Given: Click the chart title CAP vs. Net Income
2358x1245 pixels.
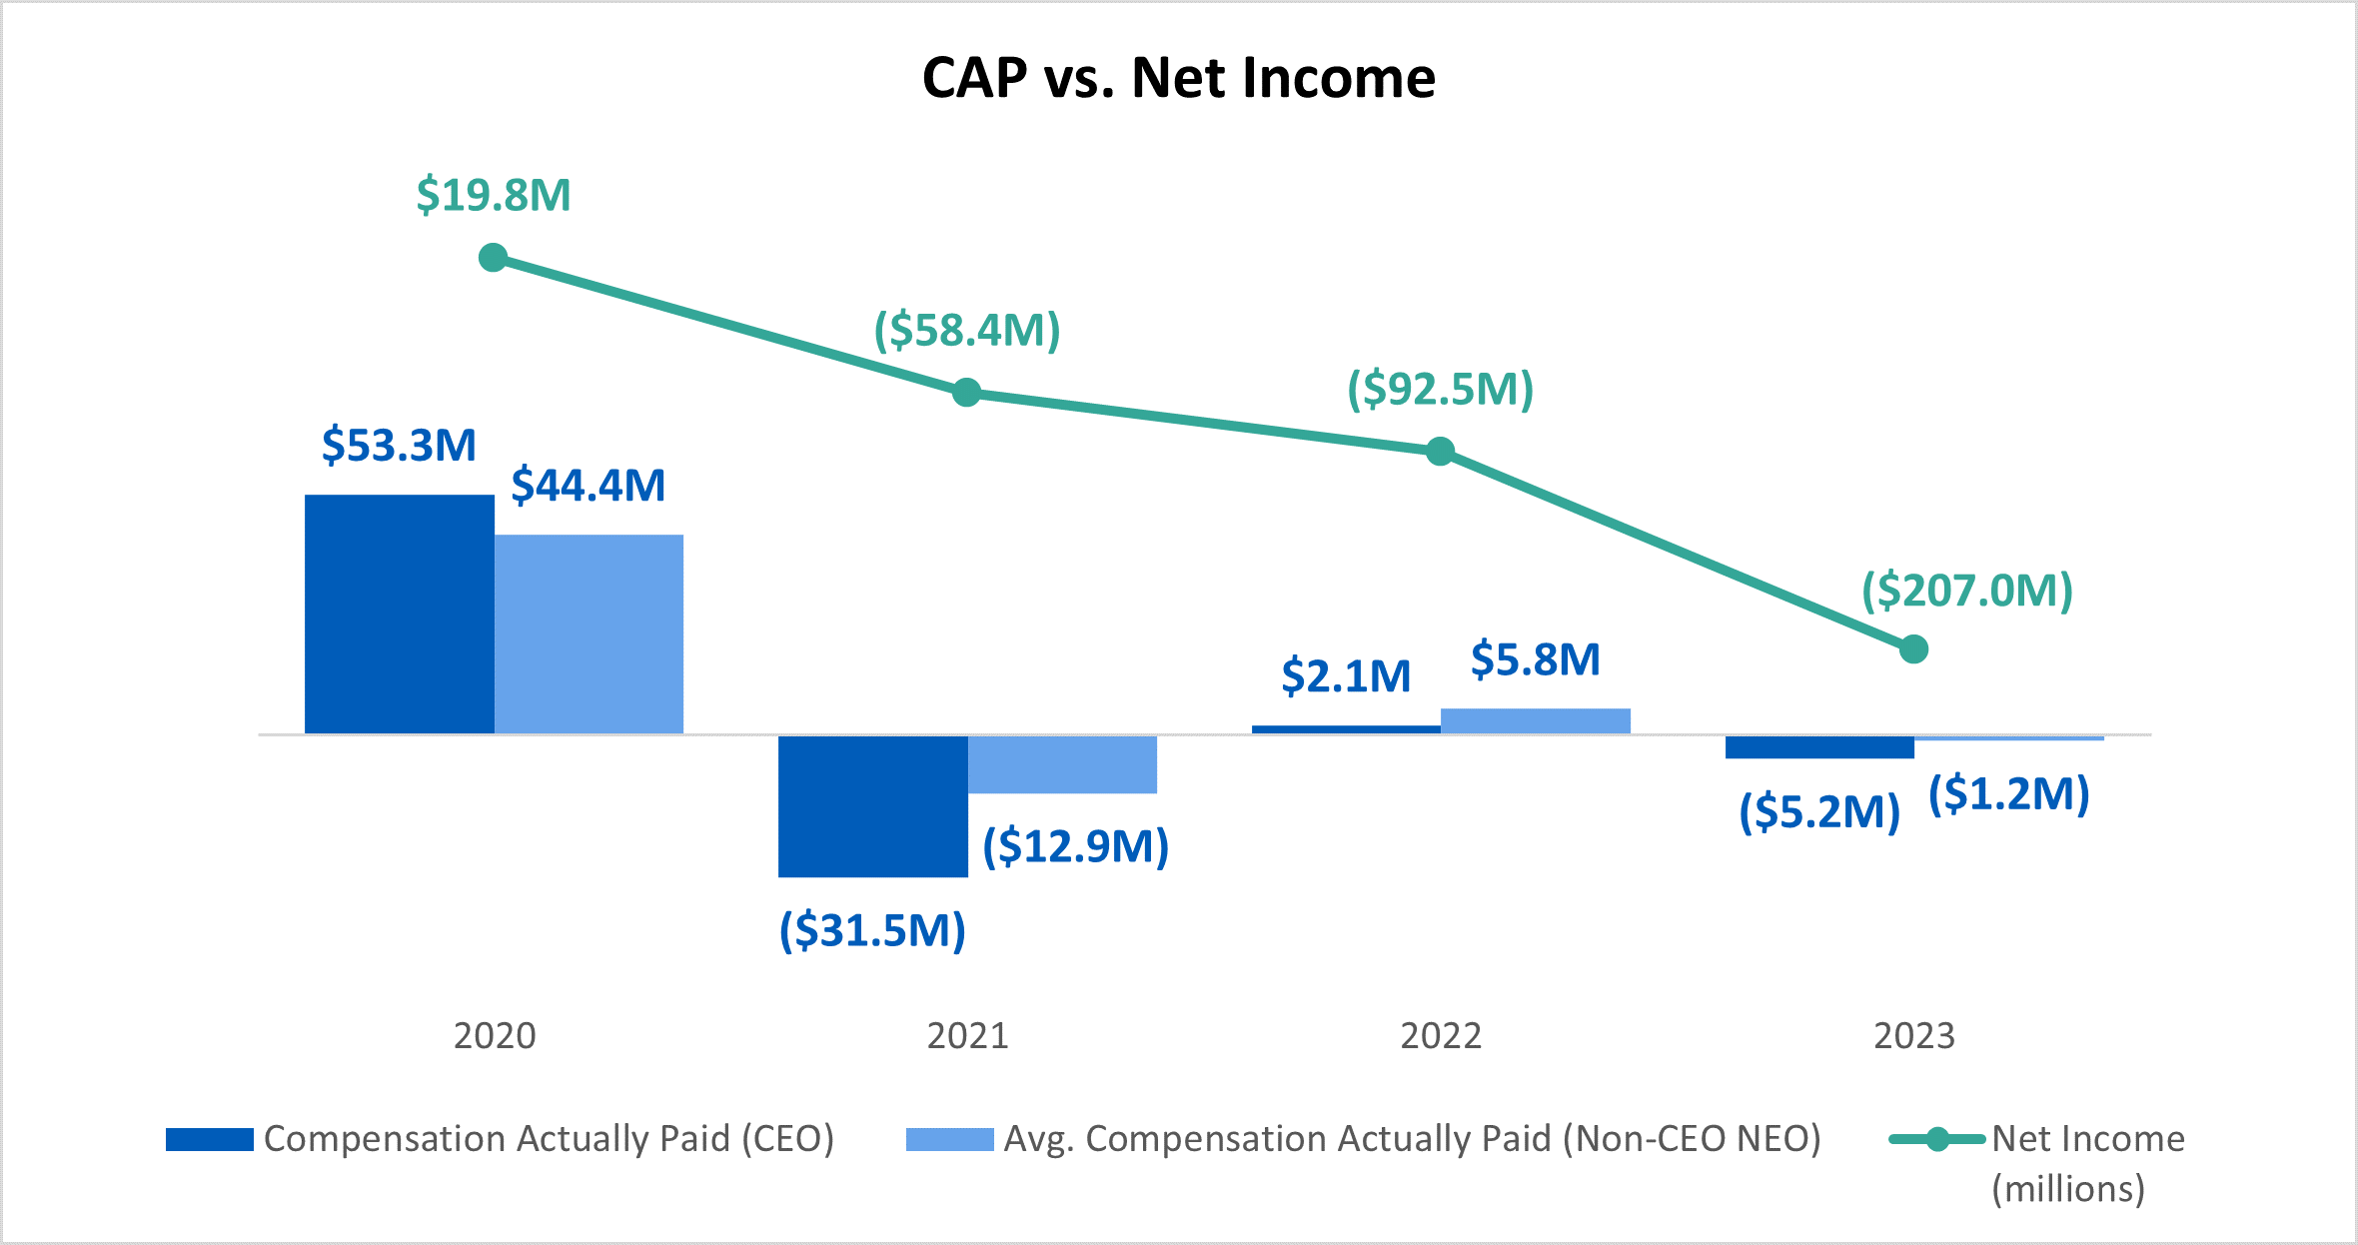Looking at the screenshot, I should tap(1178, 78).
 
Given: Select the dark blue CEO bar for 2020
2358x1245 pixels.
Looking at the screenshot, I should tap(399, 615).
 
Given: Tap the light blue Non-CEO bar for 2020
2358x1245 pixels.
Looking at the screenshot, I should tap(589, 634).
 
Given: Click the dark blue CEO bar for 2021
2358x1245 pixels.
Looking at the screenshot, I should tap(872, 806).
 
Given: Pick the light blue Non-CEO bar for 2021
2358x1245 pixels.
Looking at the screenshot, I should tap(1062, 764).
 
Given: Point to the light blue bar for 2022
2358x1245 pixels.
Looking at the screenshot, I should tap(1535, 720).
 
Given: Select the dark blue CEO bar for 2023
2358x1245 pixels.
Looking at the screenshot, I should tap(1818, 746).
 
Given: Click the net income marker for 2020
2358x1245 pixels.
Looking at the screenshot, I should tap(493, 258).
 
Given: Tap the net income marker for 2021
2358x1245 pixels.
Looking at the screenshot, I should tap(966, 393).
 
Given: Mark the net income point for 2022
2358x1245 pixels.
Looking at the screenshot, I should tap(1440, 452).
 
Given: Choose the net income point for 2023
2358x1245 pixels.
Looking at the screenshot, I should tap(1913, 649).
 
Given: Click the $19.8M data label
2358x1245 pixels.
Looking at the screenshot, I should tap(494, 195).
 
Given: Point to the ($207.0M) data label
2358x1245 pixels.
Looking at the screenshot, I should tap(1966, 591).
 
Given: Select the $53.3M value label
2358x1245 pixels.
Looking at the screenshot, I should tap(399, 445).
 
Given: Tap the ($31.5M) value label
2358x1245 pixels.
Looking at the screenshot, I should tap(872, 930).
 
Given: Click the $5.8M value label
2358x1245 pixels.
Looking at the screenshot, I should tap(1535, 659).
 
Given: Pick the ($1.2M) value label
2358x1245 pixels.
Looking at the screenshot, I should tap(2008, 794).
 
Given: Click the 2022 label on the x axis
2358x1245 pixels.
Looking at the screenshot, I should tap(1440, 1036).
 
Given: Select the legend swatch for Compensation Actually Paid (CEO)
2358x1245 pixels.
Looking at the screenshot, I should tap(209, 1139).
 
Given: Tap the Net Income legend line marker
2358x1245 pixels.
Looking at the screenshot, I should tap(1936, 1139).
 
